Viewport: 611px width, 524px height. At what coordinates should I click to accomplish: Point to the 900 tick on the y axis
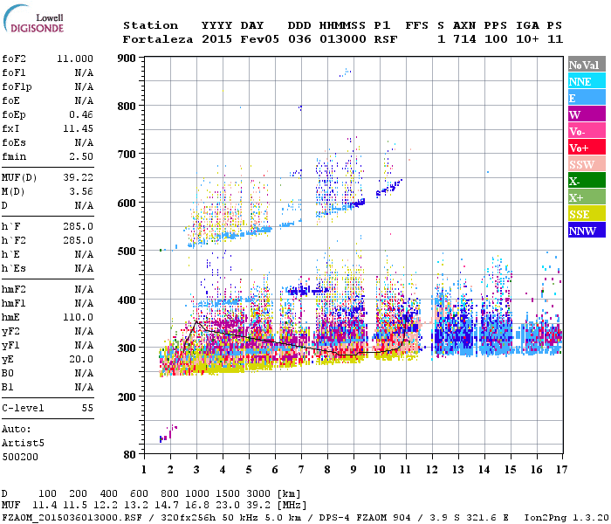tap(128, 59)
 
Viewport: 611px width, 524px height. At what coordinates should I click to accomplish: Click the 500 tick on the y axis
tap(128, 252)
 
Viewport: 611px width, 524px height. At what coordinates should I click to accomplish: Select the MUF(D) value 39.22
tap(80, 176)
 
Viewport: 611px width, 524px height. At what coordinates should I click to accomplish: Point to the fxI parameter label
tap(11, 128)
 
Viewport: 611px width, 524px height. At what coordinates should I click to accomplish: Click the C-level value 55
tap(86, 408)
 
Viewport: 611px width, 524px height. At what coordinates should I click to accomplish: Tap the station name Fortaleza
tap(158, 39)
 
